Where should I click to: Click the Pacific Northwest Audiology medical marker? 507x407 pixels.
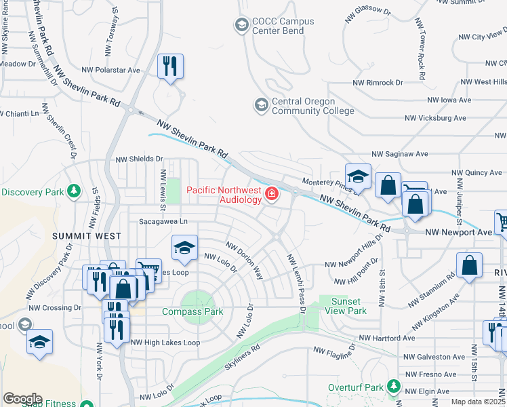[x=272, y=195]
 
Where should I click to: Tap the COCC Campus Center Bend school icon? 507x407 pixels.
[x=241, y=26]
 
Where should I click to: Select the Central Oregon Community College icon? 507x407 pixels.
[x=260, y=105]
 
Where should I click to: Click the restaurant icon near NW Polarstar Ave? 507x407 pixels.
[x=170, y=66]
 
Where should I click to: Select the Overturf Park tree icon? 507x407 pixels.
[x=392, y=386]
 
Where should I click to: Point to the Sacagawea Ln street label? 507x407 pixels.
[x=163, y=221]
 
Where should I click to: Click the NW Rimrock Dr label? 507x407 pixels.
[x=378, y=82]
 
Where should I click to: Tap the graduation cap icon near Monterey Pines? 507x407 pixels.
[x=358, y=176]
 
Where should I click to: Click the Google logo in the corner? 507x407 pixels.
[x=22, y=399]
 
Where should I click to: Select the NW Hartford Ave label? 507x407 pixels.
[x=386, y=338]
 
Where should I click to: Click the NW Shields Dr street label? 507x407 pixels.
[x=140, y=159]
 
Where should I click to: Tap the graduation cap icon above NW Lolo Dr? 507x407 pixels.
[x=184, y=248]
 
